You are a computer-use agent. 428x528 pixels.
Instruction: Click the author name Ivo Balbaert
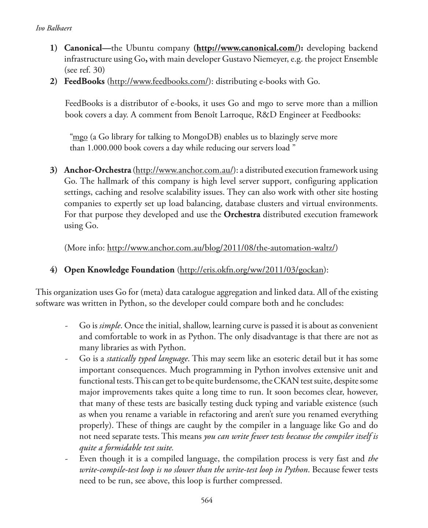point(53,28)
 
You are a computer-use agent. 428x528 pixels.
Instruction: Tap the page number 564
point(207,500)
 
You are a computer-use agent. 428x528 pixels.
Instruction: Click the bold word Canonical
point(82,48)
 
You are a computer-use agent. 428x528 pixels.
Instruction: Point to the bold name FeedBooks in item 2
point(84,81)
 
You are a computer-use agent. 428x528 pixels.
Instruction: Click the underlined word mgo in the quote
point(80,137)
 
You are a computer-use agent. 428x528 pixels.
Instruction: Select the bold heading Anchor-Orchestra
point(97,170)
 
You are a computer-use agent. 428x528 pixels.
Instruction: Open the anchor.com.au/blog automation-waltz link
point(222,248)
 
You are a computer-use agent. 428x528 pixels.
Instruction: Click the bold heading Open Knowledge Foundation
point(119,270)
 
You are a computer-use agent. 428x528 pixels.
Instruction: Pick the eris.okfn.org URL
point(252,270)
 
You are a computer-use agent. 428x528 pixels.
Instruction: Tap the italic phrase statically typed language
point(147,359)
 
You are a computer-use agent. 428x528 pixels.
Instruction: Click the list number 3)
point(54,170)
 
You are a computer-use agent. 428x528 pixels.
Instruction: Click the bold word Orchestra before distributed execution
point(242,214)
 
